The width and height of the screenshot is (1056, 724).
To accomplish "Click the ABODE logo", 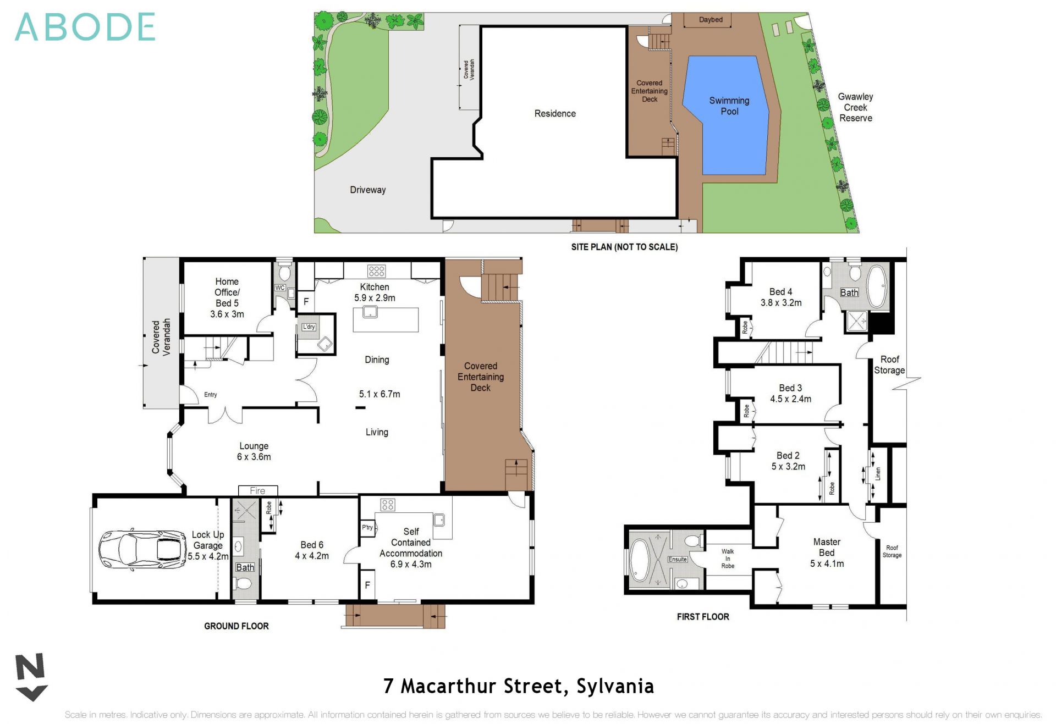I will click(x=85, y=27).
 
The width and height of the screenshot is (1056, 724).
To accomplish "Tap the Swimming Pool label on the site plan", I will click(x=729, y=106).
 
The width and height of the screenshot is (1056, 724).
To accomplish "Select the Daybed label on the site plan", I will click(x=711, y=20).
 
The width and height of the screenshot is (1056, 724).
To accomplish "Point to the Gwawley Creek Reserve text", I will click(x=855, y=107).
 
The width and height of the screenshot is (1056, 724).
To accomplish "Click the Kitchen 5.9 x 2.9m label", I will click(x=375, y=292).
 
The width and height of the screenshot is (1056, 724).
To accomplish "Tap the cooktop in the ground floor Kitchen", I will click(x=377, y=271).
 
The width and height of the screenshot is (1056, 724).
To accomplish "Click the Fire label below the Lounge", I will click(x=257, y=491).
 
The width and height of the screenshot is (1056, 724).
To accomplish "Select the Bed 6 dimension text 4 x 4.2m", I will click(x=312, y=556).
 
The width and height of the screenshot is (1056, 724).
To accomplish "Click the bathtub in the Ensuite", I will click(x=640, y=560).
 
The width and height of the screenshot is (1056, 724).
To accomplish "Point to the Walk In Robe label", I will click(x=728, y=559).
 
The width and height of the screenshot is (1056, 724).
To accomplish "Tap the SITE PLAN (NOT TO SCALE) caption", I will click(x=624, y=247).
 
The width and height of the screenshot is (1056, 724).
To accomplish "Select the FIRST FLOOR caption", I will click(x=703, y=617).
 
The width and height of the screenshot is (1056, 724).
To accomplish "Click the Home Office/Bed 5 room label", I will click(x=227, y=297).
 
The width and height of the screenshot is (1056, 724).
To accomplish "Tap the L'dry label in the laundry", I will click(x=309, y=327).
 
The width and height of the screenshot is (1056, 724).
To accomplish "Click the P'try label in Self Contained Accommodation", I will click(x=367, y=527).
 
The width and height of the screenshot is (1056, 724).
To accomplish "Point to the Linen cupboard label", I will click(x=878, y=473).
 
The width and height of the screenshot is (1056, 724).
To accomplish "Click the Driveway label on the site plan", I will click(x=367, y=190).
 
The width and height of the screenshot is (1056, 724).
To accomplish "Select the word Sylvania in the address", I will click(x=615, y=686).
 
